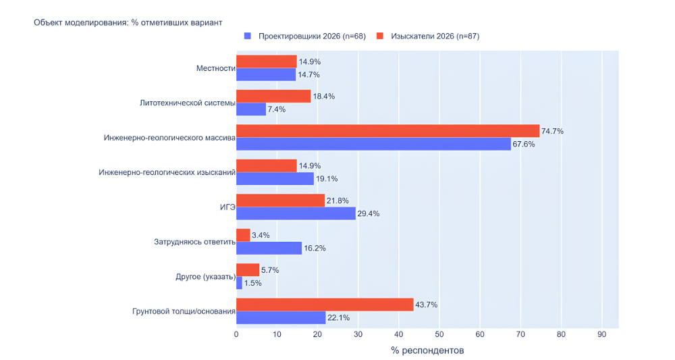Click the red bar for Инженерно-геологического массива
click(387, 131)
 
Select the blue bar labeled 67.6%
click(373, 144)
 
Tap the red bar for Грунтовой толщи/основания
click(325, 305)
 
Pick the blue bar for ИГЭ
click(296, 213)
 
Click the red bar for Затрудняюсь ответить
click(243, 235)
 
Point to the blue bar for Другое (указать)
click(239, 283)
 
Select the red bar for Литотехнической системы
click(273, 96)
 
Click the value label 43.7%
click(426, 305)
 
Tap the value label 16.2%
click(315, 248)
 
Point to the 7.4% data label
click(277, 109)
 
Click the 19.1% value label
click(327, 179)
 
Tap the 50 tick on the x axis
click(439, 334)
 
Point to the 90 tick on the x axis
click(601, 334)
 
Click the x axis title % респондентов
click(427, 351)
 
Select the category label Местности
click(215, 68)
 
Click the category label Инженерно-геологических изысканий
click(167, 172)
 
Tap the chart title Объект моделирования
click(128, 22)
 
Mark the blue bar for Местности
click(266, 74)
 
